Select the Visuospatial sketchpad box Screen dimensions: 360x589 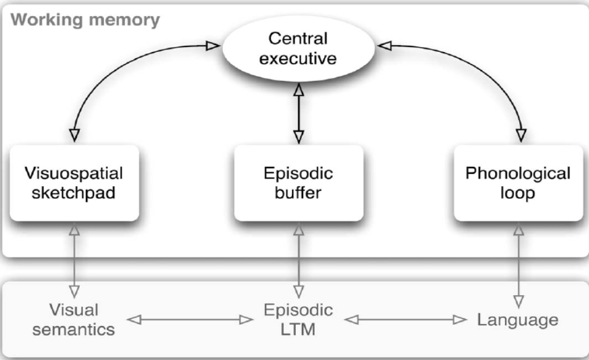tap(74, 182)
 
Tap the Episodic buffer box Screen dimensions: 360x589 tap(298, 182)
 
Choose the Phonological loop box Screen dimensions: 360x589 tap(518, 182)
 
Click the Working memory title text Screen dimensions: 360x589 tap(85, 19)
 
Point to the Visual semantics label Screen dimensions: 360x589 tap(74, 319)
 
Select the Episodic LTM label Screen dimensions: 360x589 tap(298, 319)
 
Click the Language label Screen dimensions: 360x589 tap(518, 320)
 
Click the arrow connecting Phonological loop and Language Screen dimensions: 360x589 tap(518, 263)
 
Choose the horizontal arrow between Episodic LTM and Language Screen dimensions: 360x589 tap(406, 320)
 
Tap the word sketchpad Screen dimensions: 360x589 tap(74, 192)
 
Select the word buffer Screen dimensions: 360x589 tap(298, 192)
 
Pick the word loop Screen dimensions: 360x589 tap(518, 192)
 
